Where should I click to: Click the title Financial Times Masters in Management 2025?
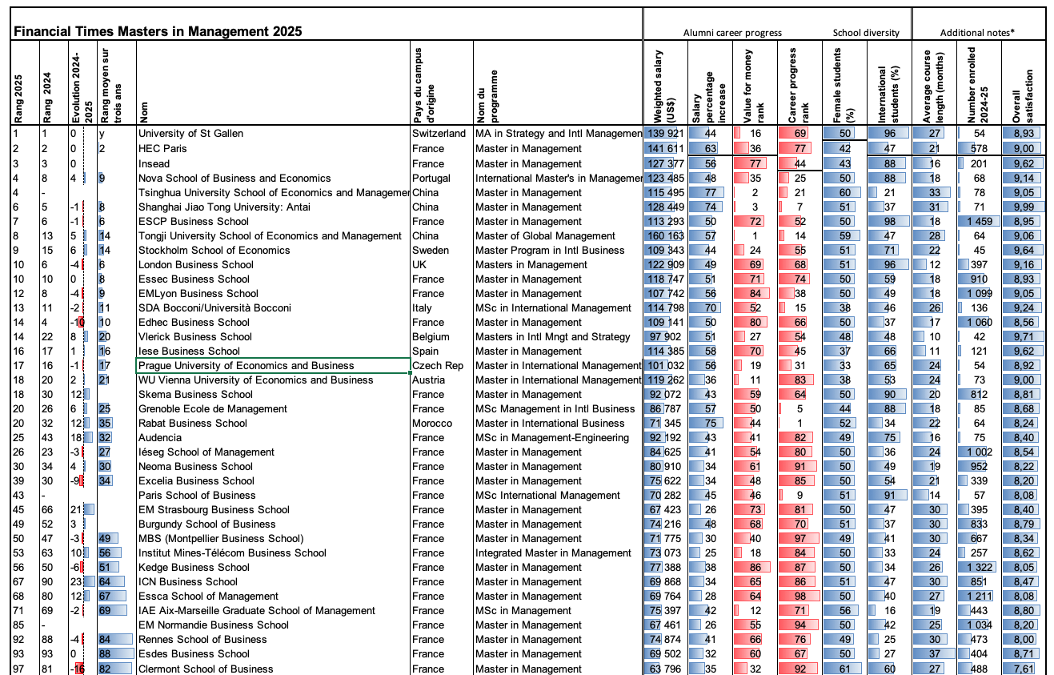coord(158,32)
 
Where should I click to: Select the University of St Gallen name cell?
coord(190,134)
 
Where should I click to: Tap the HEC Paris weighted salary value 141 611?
coord(665,148)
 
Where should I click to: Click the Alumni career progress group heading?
coord(731,33)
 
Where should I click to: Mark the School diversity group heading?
coord(866,33)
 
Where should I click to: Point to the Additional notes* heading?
coord(978,33)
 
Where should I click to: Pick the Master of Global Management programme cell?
coord(545,235)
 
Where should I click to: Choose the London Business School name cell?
coord(196,264)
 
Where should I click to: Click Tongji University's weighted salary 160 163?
coord(665,235)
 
